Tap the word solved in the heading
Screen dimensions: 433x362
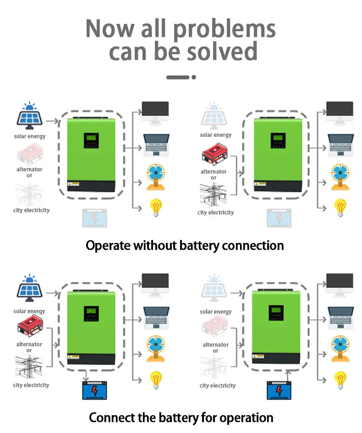[x=220, y=51]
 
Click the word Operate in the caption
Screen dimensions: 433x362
[x=108, y=246]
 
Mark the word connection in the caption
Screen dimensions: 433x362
[x=252, y=245]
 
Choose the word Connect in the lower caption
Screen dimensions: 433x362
[x=110, y=417]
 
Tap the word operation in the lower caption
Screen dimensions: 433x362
[x=247, y=418]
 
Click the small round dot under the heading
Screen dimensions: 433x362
[x=194, y=77]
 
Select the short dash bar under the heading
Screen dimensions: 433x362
[x=178, y=77]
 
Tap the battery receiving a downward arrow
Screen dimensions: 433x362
[x=93, y=390]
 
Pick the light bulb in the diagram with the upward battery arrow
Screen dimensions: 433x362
[x=340, y=379]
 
